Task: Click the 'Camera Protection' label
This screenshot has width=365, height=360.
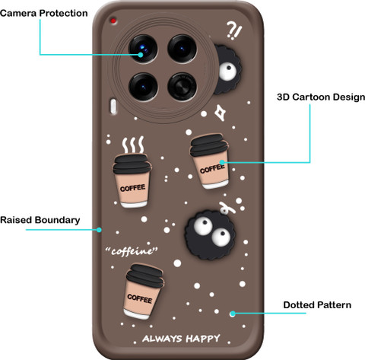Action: tap(44, 13)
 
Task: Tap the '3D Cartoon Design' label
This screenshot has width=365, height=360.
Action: tap(321, 97)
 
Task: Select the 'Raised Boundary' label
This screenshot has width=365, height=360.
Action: tap(40, 220)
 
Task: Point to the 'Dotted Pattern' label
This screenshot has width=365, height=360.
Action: tap(317, 305)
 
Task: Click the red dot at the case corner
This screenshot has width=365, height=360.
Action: tap(113, 21)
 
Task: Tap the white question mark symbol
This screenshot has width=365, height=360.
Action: tap(231, 29)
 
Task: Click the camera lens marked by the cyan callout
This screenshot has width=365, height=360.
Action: tap(143, 49)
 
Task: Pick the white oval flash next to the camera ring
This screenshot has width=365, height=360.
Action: tap(113, 107)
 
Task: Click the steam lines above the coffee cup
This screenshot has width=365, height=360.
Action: tap(133, 145)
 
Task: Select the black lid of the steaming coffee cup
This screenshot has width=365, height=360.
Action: tap(132, 164)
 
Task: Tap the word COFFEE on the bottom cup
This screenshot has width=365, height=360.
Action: tap(140, 298)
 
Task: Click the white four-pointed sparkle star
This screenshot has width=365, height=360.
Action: tap(221, 113)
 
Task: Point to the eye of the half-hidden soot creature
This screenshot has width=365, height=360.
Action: tap(227, 72)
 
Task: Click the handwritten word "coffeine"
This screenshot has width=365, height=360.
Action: tap(132, 251)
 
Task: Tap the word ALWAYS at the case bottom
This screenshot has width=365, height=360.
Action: tap(162, 339)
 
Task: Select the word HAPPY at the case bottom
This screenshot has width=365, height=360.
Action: tap(203, 339)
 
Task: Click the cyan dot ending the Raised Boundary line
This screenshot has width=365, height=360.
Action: tap(99, 230)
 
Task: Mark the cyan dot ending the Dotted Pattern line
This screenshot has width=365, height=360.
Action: tap(233, 314)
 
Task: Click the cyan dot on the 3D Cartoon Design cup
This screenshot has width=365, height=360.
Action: tap(222, 162)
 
